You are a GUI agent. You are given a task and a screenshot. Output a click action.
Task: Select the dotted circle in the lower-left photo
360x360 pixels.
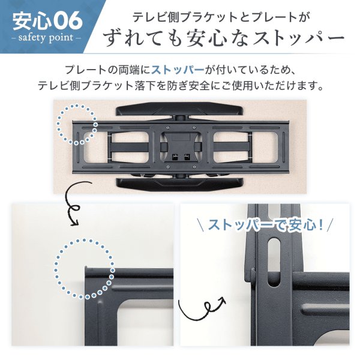85,268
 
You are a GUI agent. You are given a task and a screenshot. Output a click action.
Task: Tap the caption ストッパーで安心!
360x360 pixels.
265,226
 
